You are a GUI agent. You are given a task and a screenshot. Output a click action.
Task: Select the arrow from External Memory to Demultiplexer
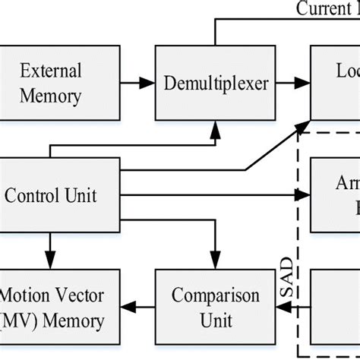[137, 84]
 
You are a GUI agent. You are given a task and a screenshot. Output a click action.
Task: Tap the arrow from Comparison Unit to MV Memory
[137, 307]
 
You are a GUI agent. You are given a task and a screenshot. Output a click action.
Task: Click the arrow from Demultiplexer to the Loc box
[293, 84]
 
